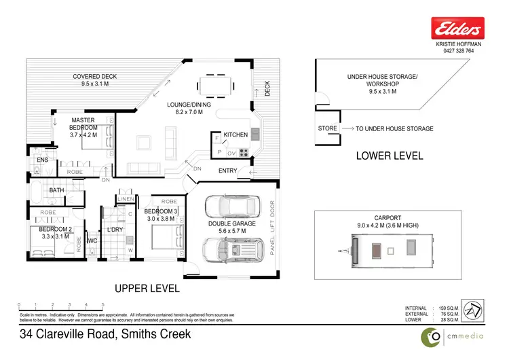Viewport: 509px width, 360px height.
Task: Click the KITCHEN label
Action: (236, 135)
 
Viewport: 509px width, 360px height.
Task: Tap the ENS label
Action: (42, 160)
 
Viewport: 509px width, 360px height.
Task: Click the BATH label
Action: (56, 190)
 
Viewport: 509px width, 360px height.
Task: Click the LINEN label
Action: (126, 198)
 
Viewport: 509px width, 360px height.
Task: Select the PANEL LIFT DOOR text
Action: (274, 231)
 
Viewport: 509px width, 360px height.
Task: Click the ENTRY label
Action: (227, 170)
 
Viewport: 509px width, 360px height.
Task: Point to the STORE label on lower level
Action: (328, 128)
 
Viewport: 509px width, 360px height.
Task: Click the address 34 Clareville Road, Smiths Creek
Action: (105, 334)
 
